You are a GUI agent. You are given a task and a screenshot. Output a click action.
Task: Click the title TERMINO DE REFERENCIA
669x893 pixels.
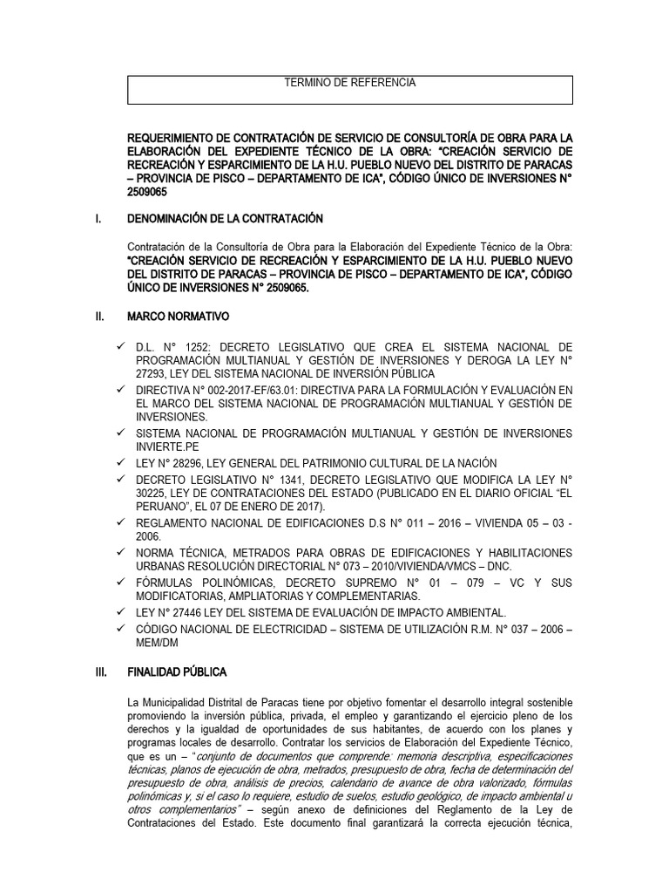350,83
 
